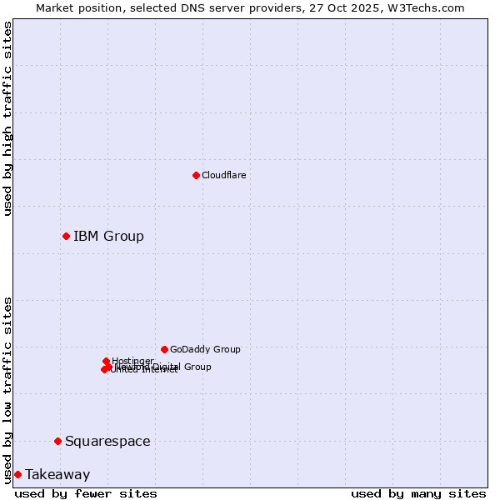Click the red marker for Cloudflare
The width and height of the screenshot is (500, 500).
tap(196, 175)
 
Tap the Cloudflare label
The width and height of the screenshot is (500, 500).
tap(223, 175)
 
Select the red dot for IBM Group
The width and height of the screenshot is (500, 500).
tap(66, 236)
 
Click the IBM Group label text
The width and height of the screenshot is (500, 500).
tap(108, 237)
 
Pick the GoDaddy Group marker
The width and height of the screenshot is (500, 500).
tap(164, 349)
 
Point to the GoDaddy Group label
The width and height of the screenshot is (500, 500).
tap(205, 350)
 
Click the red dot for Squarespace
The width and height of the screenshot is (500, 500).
tap(57, 441)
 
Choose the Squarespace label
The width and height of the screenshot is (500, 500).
tap(107, 442)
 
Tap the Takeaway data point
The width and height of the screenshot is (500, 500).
tap(17, 474)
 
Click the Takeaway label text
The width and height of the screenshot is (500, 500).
tap(57, 475)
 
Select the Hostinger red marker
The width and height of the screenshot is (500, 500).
tap(106, 361)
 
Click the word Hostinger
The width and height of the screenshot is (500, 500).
tap(133, 361)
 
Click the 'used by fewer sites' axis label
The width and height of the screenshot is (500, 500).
tap(86, 493)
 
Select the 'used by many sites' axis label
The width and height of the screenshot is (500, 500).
tap(418, 493)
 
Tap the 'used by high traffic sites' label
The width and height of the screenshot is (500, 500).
tap(8, 118)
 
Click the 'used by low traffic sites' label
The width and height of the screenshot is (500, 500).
tap(8, 389)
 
